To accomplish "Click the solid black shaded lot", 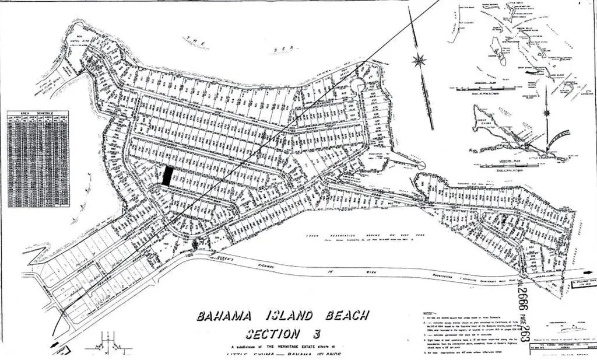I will click(x=167, y=176).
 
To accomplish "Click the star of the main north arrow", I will click(x=419, y=60).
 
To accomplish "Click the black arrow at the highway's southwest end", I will click(x=56, y=345).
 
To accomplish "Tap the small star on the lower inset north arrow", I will click(x=547, y=113).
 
